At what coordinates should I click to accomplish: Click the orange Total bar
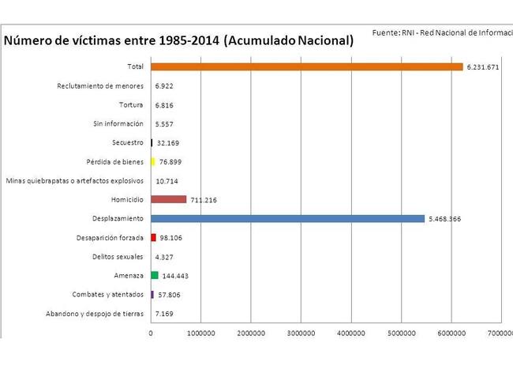click(x=306, y=66)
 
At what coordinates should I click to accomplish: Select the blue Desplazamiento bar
click(x=287, y=218)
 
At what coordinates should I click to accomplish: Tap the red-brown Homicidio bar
click(x=168, y=199)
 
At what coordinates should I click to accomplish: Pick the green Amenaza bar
click(x=155, y=275)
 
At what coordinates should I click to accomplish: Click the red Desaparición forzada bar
click(x=153, y=237)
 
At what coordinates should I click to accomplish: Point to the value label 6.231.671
click(x=483, y=67)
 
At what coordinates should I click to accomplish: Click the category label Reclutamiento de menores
click(x=100, y=85)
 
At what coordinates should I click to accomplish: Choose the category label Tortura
click(x=130, y=104)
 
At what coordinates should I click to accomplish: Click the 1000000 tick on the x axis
click(x=200, y=334)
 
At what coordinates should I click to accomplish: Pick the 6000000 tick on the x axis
click(x=451, y=334)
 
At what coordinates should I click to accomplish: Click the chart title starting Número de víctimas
click(x=178, y=41)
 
